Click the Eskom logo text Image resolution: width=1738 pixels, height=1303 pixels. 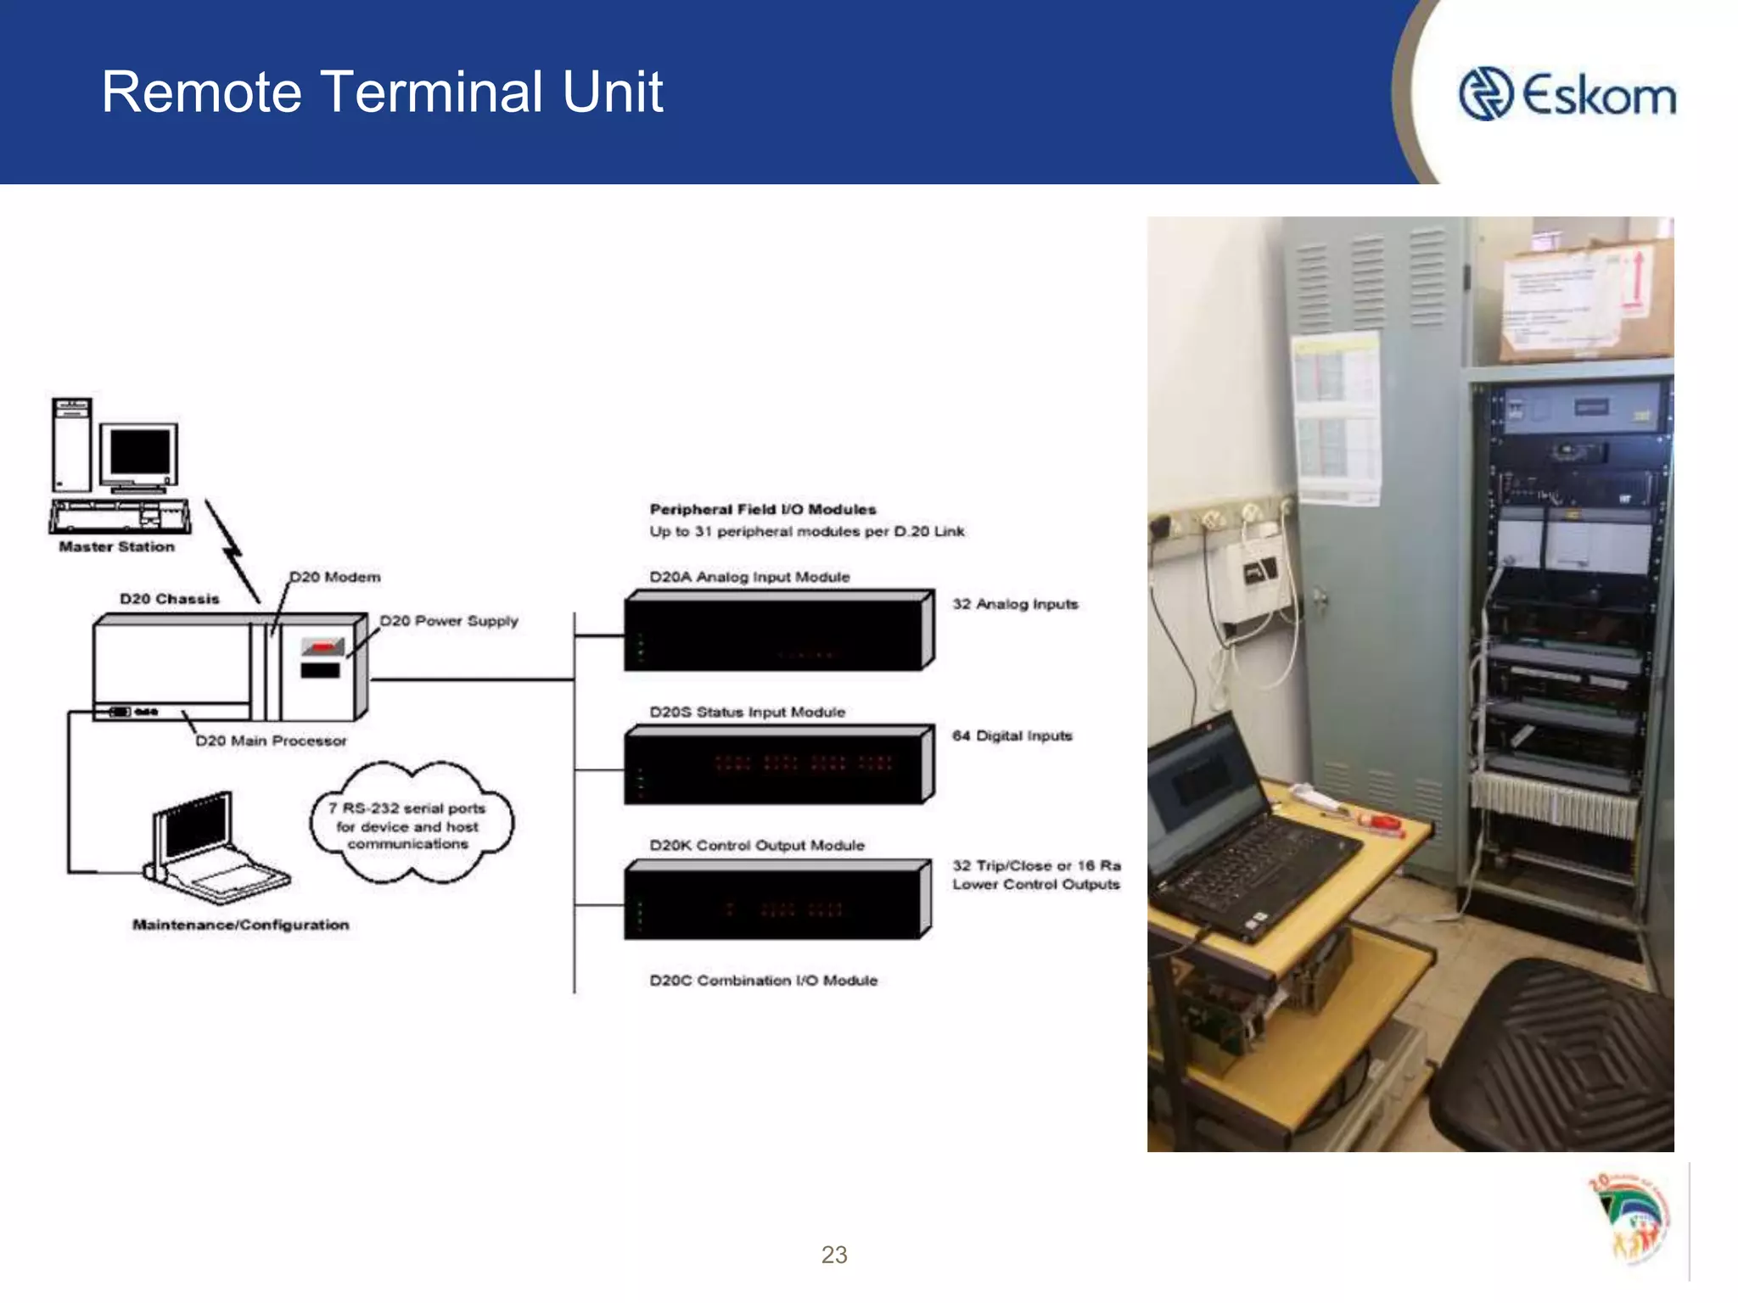click(1599, 95)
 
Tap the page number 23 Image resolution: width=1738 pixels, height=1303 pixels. click(833, 1255)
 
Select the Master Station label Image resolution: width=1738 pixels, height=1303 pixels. click(116, 547)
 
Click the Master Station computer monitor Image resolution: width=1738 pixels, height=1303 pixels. click(139, 456)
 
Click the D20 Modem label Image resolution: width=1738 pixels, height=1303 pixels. click(335, 577)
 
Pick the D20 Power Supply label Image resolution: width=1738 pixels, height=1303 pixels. click(448, 621)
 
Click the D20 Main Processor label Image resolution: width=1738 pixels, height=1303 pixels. click(271, 741)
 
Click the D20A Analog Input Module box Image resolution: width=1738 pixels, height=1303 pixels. click(777, 631)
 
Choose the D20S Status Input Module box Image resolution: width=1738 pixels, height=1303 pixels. click(777, 765)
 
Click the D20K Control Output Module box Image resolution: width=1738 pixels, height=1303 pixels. click(777, 901)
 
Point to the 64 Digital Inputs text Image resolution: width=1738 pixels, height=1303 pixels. click(1012, 735)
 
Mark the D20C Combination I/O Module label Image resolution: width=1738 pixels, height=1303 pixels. click(763, 981)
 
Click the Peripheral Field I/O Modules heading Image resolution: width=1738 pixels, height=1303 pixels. click(762, 509)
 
